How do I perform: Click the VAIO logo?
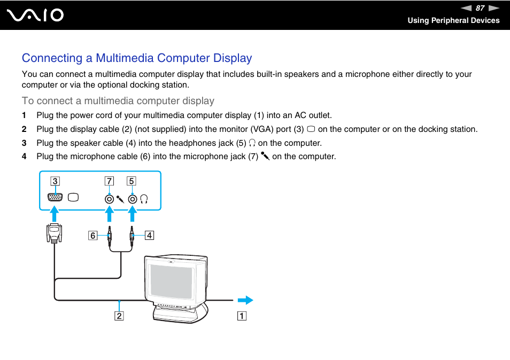(x=36, y=15)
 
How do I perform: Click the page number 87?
(x=480, y=8)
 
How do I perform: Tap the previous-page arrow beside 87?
(x=466, y=8)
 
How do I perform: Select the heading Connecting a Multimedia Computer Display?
(x=137, y=58)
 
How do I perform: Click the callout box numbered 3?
(x=55, y=181)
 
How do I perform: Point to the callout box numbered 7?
(x=109, y=181)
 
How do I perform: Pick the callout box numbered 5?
(x=131, y=181)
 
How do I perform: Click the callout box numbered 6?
(x=93, y=235)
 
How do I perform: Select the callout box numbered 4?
(x=149, y=235)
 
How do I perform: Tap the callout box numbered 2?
(x=119, y=316)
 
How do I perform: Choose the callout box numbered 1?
(x=242, y=316)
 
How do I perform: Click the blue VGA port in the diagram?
(x=55, y=198)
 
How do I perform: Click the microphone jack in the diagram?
(x=109, y=199)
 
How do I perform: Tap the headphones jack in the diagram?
(x=132, y=199)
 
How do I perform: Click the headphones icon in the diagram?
(x=144, y=199)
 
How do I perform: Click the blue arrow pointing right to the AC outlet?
(x=245, y=300)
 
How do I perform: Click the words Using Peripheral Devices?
(x=453, y=20)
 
